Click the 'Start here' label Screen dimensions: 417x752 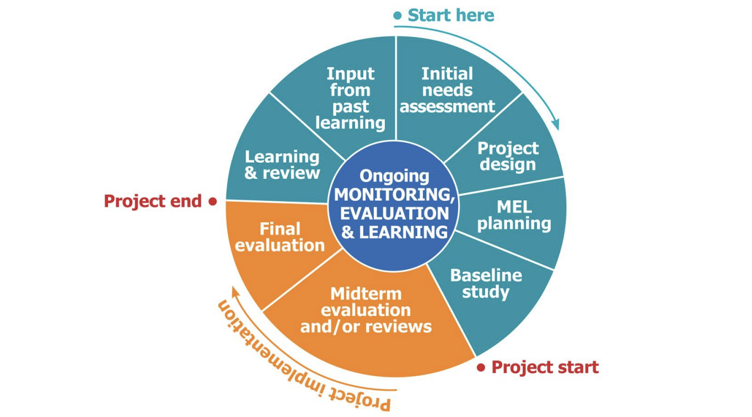pos(451,15)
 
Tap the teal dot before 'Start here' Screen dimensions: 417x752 pos(398,16)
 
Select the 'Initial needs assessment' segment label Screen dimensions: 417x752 pos(447,90)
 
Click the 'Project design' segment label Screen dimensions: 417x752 pos(508,156)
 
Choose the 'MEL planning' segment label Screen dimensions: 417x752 pos(514,215)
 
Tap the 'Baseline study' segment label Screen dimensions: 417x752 pos(486,283)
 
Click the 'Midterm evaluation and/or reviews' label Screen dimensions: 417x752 pos(366,309)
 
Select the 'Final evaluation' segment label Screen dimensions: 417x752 pos(280,237)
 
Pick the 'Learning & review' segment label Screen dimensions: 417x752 pos(282,164)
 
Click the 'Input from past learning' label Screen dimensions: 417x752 pos(350,98)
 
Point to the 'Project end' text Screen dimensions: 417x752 pos(153,201)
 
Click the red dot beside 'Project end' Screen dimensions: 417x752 pos(212,202)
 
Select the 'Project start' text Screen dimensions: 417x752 pos(545,367)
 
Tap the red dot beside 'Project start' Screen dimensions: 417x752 pos(481,367)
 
